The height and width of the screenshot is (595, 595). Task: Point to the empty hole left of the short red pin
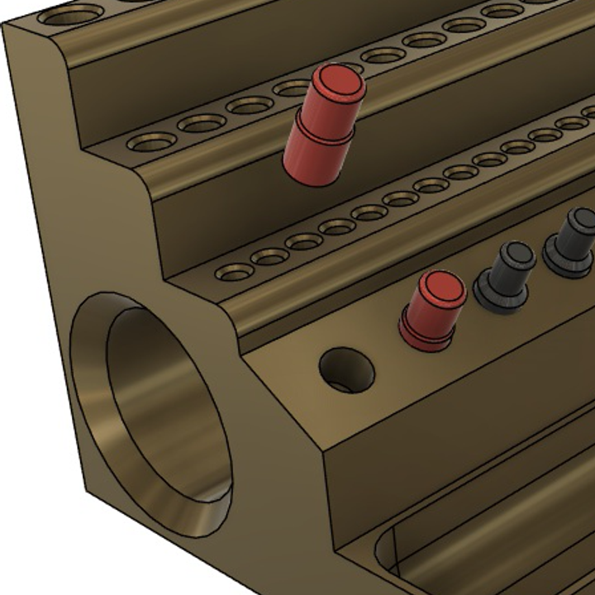click(x=346, y=369)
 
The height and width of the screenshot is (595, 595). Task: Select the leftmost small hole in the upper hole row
click(x=152, y=142)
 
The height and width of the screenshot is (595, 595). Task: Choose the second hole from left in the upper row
click(x=202, y=123)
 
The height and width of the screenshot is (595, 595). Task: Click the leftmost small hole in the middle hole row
click(x=235, y=272)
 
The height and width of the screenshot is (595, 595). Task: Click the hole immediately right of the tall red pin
click(x=383, y=55)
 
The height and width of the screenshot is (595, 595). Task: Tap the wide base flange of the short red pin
click(x=426, y=335)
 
